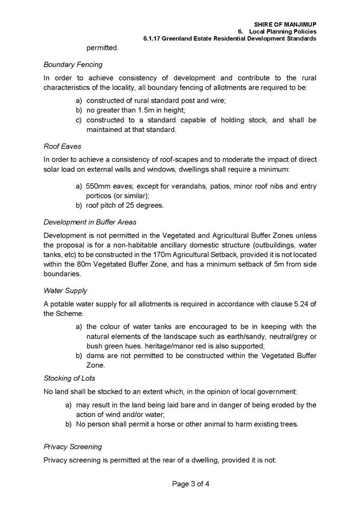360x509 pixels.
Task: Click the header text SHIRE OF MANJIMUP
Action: pyautogui.click(x=285, y=25)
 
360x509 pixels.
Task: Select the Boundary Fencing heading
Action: pyautogui.click(x=73, y=65)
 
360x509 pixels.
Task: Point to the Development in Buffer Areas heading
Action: pyautogui.click(x=89, y=222)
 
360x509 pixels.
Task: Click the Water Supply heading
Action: pyautogui.click(x=65, y=291)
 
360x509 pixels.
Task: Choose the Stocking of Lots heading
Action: pyautogui.click(x=70, y=378)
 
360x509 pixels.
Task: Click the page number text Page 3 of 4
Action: pyautogui.click(x=180, y=484)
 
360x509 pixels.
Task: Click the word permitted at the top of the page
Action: pyautogui.click(x=102, y=48)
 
